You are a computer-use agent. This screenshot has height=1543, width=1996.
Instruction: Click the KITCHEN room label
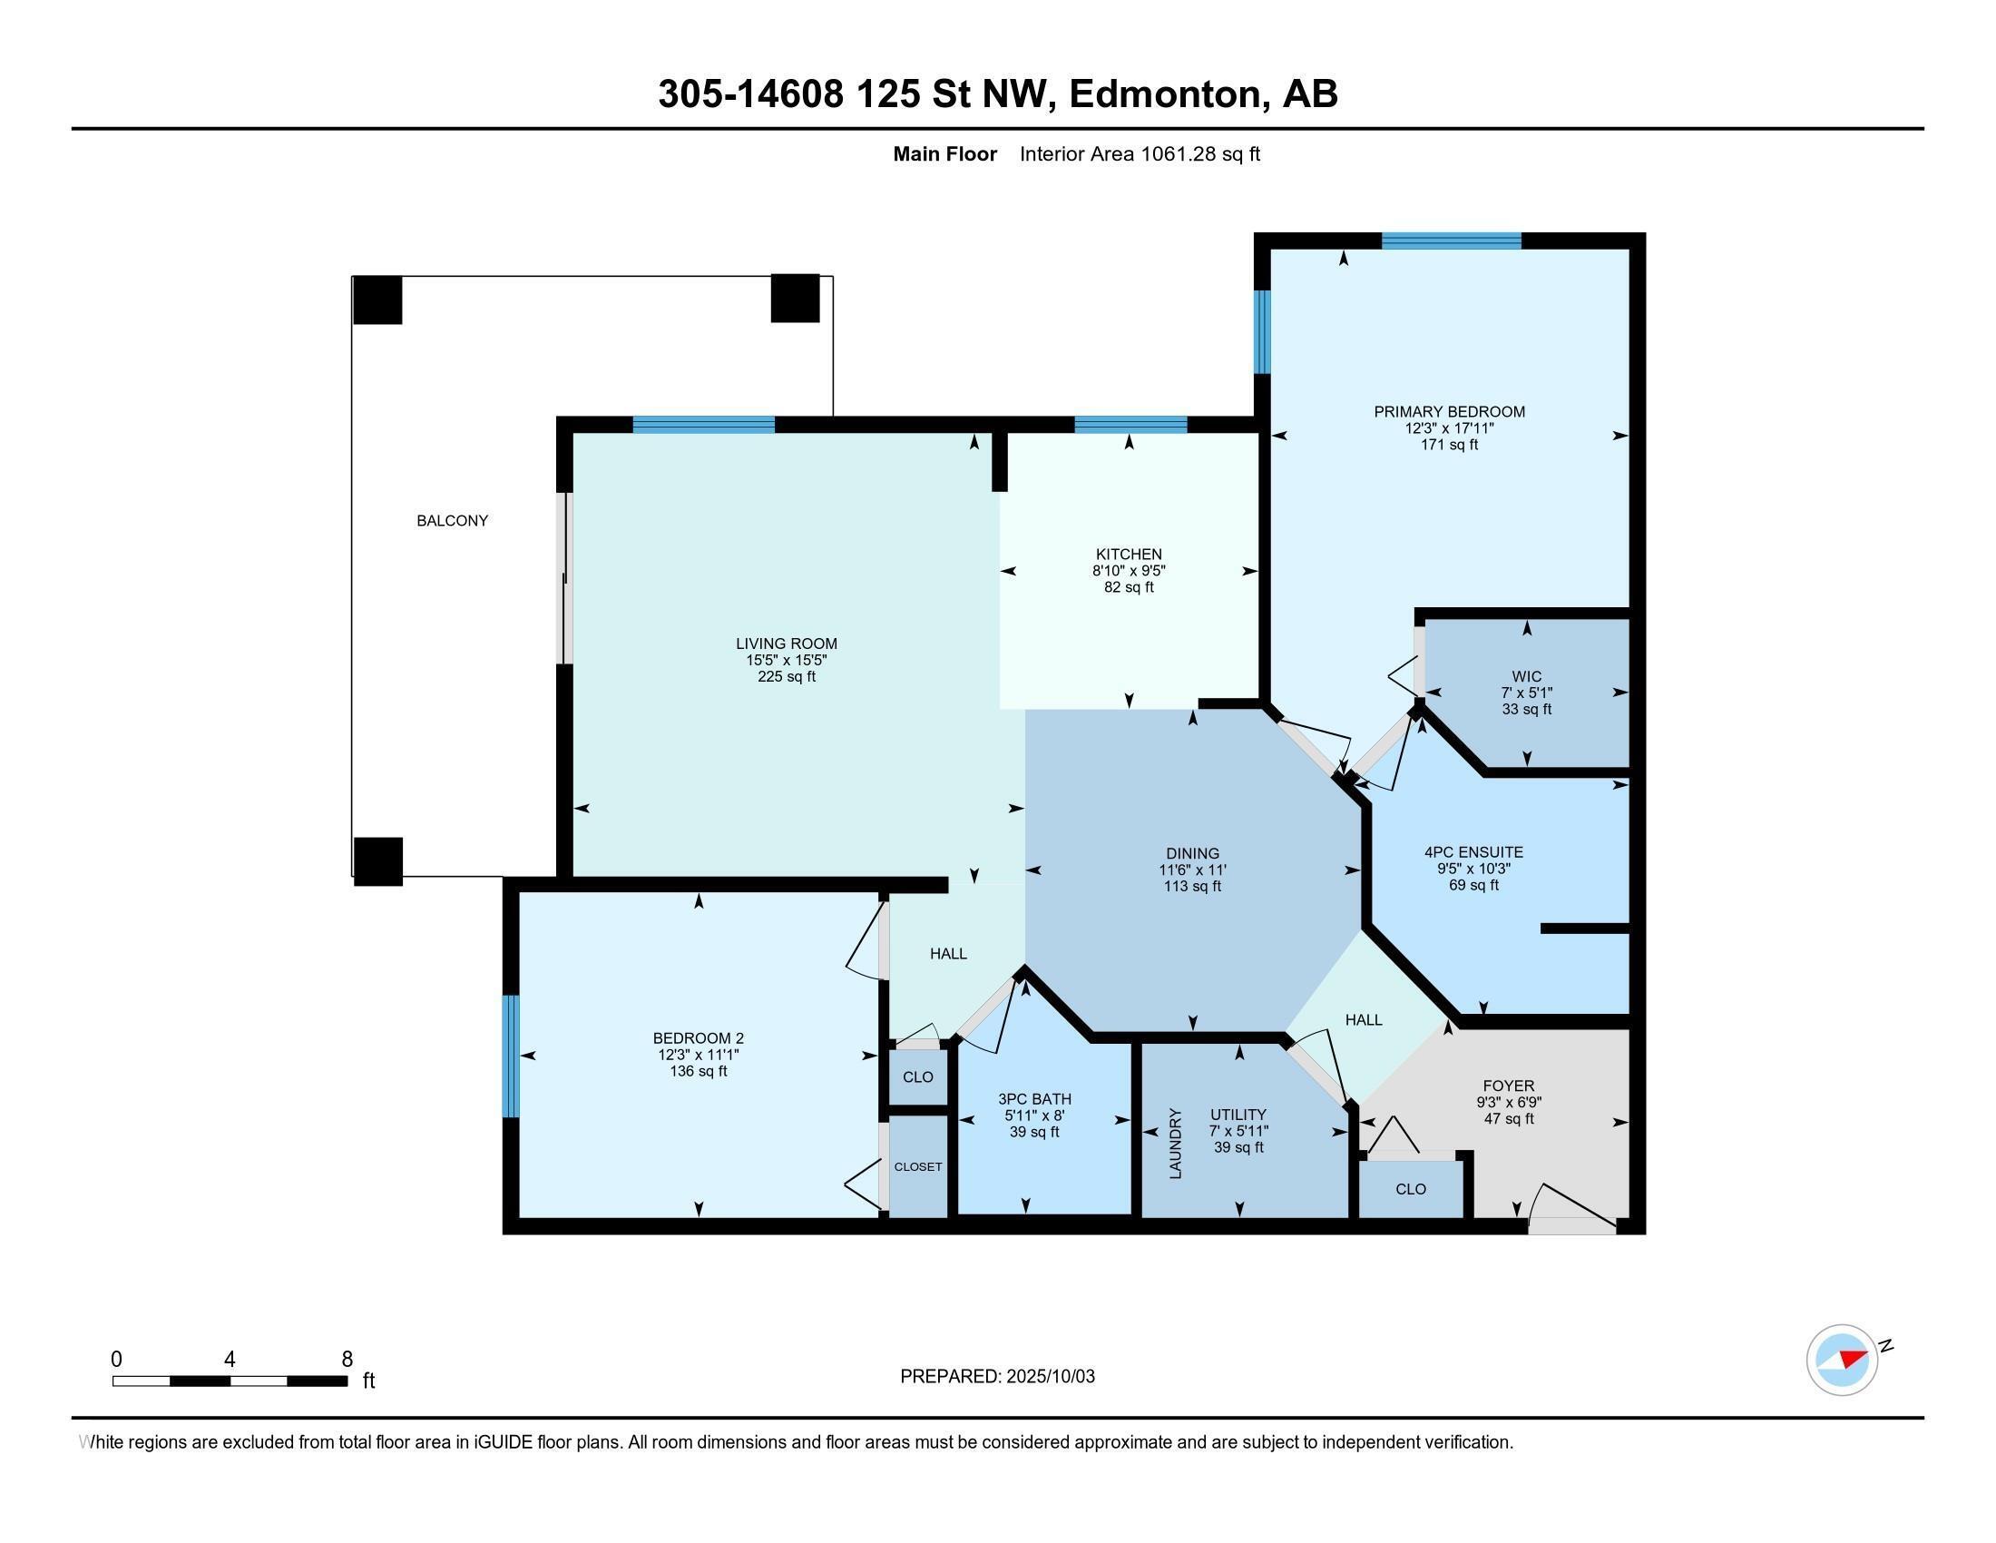[1129, 554]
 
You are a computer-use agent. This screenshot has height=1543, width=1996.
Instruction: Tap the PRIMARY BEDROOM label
[1450, 411]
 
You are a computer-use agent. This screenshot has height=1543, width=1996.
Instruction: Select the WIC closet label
[1526, 676]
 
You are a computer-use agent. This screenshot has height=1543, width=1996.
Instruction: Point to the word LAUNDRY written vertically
[1175, 1144]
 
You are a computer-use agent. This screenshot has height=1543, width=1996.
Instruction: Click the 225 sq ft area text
[786, 676]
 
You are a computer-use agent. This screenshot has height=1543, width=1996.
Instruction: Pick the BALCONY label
[453, 520]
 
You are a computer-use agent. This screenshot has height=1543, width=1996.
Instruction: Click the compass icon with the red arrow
[1842, 1360]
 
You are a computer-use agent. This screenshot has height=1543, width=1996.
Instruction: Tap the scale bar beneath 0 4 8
[230, 1381]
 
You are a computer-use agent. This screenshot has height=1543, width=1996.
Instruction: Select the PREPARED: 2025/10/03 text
[997, 1376]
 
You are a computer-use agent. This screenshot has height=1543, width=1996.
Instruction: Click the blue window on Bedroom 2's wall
[511, 1056]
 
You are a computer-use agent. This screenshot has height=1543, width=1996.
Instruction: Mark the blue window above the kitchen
[1130, 424]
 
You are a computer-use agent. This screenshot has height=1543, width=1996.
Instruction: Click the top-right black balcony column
[795, 298]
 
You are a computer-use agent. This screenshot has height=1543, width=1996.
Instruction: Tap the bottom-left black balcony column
[377, 861]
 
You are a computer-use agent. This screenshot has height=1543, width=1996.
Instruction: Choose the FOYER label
[1509, 1086]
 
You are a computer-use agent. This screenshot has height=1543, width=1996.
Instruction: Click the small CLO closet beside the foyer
[1410, 1189]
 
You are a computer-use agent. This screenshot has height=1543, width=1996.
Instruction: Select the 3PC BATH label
[1034, 1099]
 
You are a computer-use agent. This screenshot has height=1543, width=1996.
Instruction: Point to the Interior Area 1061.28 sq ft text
[1140, 154]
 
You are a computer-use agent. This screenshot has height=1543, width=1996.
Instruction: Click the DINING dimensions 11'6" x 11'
[1193, 870]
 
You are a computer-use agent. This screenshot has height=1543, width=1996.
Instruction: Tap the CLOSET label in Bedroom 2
[917, 1167]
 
